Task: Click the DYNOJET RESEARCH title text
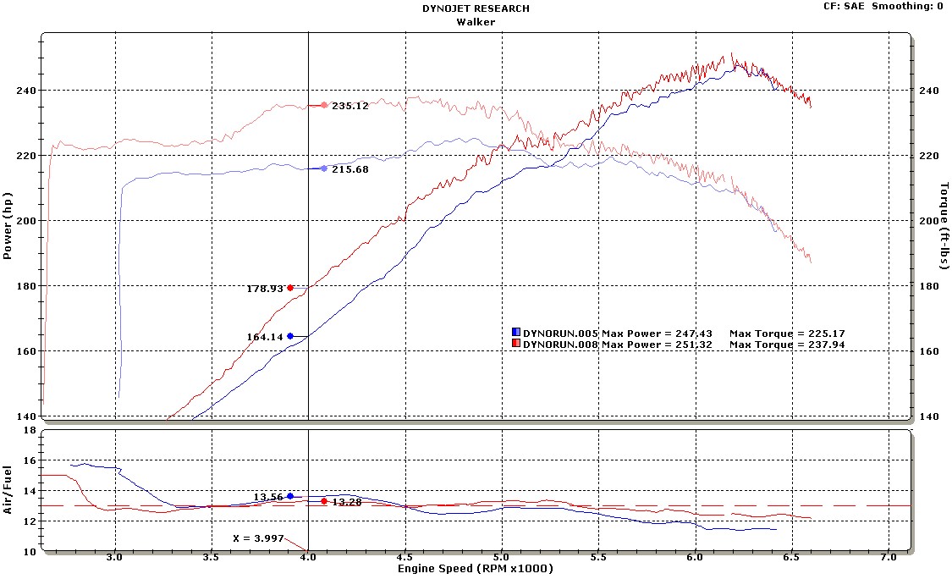pyautogui.click(x=475, y=8)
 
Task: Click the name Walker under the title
pyautogui.click(x=475, y=22)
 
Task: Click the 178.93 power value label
pyautogui.click(x=264, y=289)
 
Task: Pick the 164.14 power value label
pyautogui.click(x=264, y=337)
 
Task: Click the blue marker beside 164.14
pyautogui.click(x=290, y=336)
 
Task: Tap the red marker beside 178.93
pyautogui.click(x=290, y=288)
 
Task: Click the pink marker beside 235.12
pyautogui.click(x=324, y=105)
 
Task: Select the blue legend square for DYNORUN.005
pyautogui.click(x=516, y=333)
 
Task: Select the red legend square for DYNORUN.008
pyautogui.click(x=516, y=345)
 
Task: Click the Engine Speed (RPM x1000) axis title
pyautogui.click(x=476, y=570)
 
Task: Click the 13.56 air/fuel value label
pyautogui.click(x=268, y=497)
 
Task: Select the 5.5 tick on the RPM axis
pyautogui.click(x=598, y=559)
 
